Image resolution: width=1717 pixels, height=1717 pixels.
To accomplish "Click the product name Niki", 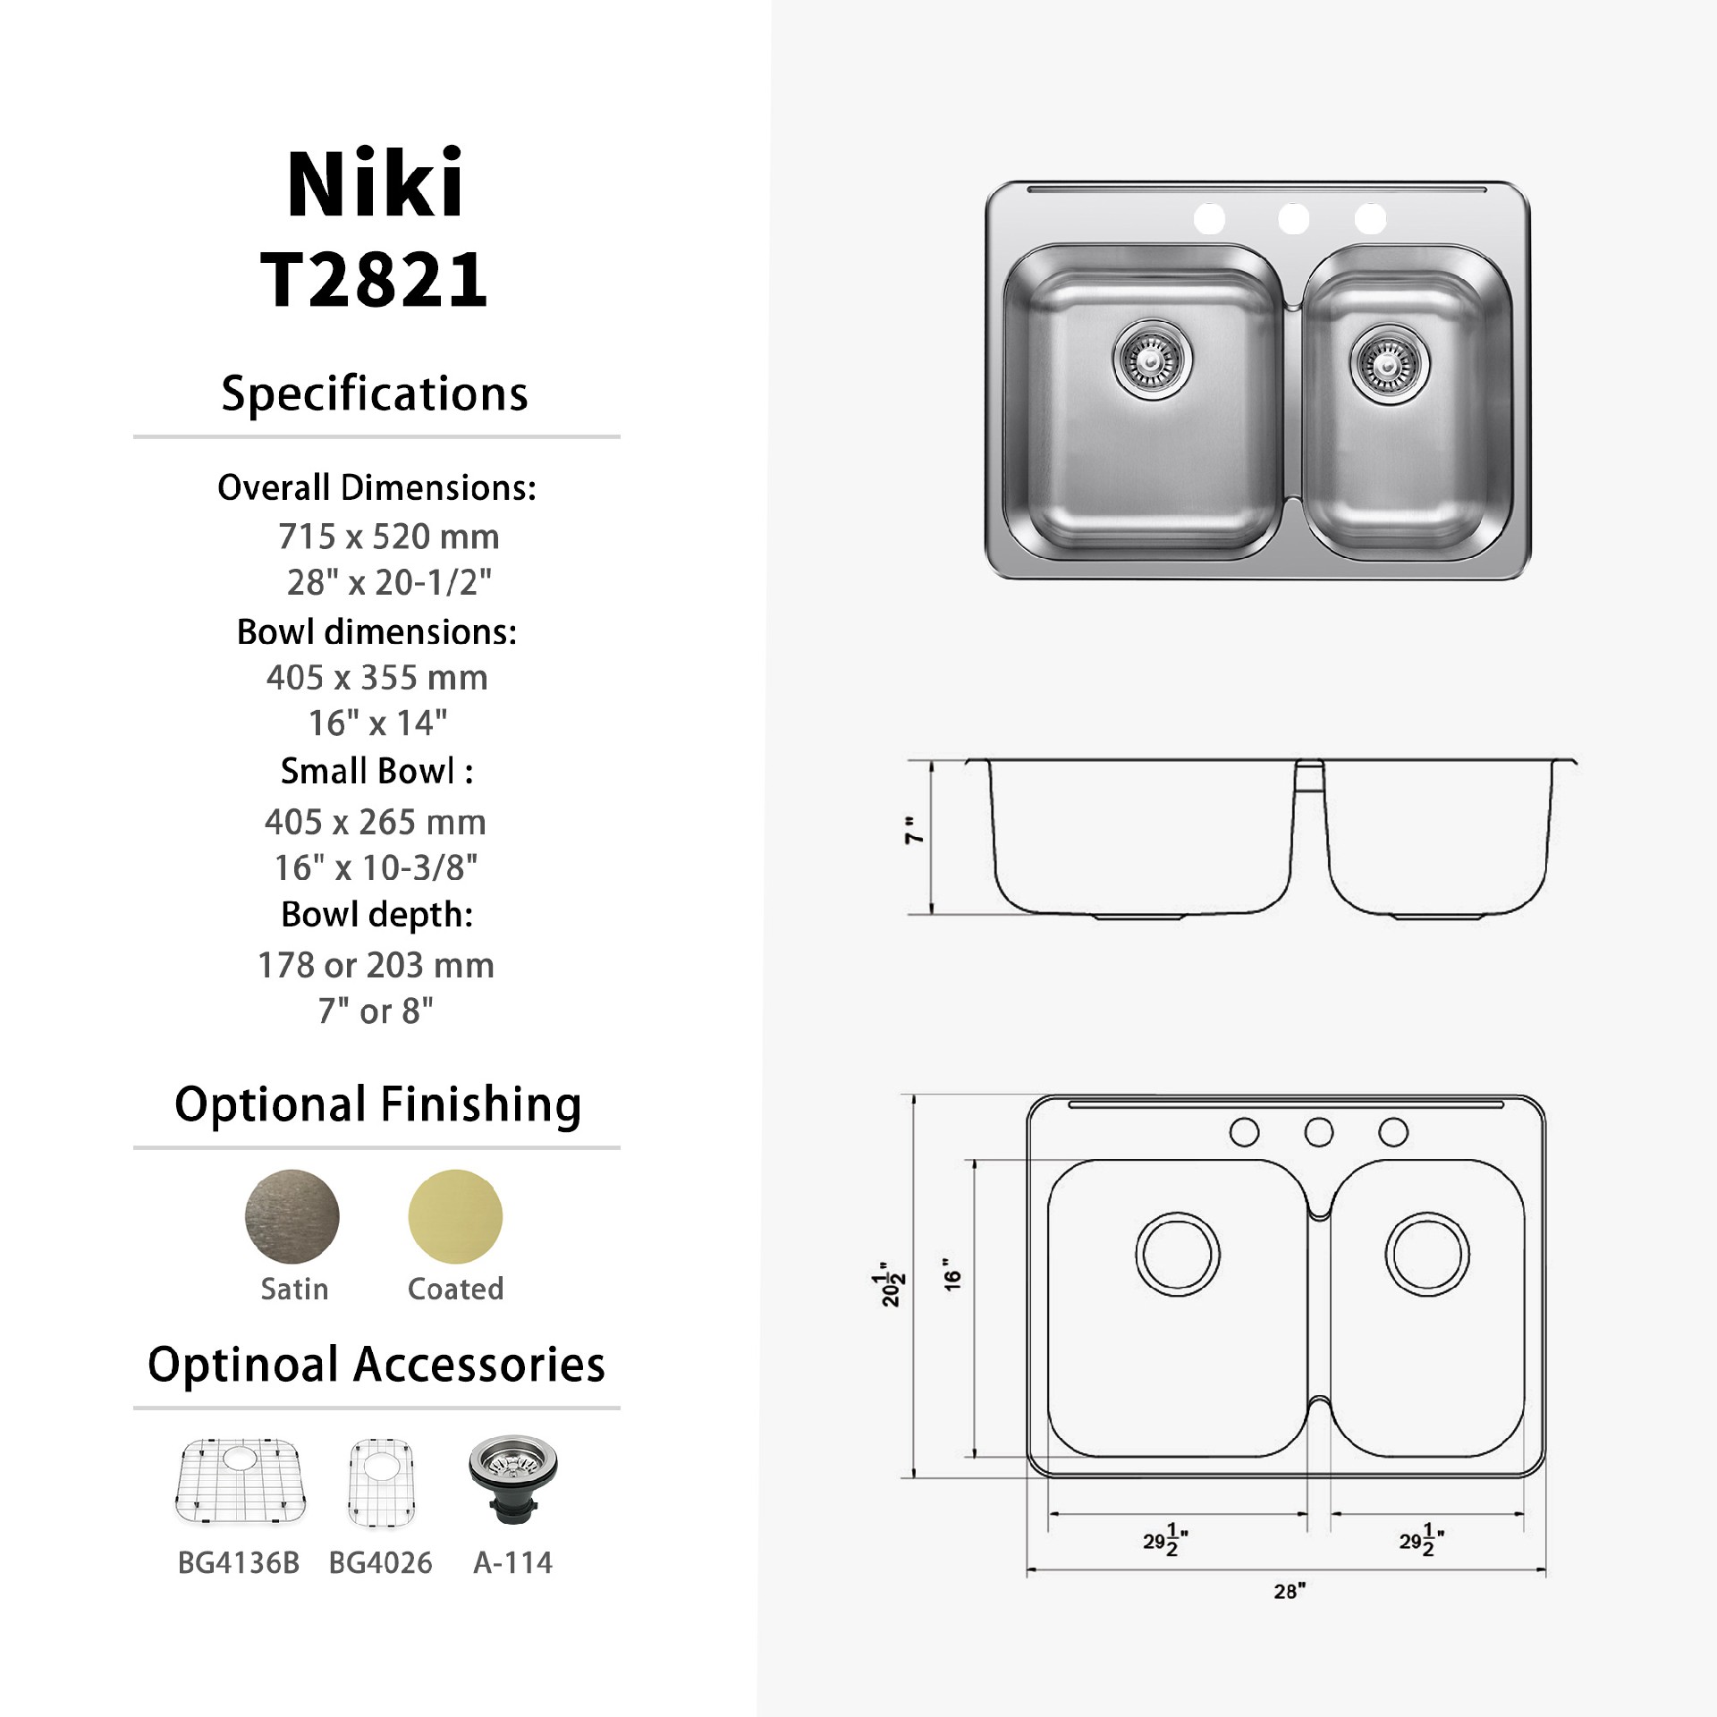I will point(375,184).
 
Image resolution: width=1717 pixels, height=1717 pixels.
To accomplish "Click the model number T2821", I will point(375,279).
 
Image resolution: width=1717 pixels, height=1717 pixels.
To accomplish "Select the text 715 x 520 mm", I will point(388,537).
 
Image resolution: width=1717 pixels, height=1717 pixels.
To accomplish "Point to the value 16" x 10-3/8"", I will point(376,867).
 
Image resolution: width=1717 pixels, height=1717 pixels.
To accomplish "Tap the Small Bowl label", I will point(376,771).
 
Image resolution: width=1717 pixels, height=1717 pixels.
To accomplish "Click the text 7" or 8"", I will point(376,1011).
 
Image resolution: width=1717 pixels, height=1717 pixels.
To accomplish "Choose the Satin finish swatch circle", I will point(292,1216).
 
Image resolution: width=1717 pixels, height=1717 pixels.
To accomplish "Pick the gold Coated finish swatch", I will point(455,1216).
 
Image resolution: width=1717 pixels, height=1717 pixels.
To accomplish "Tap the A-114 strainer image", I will point(513,1479).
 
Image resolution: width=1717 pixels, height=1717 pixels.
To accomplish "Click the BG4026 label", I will point(380,1563).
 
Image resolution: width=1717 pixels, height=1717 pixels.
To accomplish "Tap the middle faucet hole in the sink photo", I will point(1293,217).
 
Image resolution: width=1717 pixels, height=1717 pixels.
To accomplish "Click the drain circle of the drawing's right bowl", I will point(1427,1254).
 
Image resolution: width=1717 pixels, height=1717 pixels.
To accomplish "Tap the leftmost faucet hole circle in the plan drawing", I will point(1244,1132).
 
